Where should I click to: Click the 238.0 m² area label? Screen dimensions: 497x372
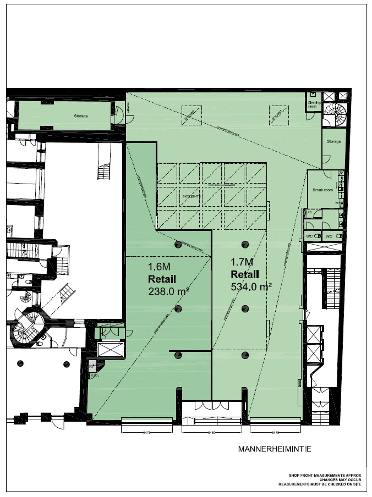169,292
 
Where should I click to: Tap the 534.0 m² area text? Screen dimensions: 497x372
252,286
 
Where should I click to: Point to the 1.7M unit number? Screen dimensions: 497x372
241,262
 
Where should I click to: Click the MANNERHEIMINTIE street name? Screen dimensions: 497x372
275,449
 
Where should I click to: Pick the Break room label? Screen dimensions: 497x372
324,190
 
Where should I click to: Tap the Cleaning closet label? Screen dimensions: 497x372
314,104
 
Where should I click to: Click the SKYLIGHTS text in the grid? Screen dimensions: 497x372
189,196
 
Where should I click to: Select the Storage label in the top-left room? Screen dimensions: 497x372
81,116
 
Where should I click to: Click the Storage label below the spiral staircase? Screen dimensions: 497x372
333,141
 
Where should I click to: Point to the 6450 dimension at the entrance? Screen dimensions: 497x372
212,433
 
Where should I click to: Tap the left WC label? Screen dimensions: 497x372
310,236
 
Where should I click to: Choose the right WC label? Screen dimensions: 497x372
330,236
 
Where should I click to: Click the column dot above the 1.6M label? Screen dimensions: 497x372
178,244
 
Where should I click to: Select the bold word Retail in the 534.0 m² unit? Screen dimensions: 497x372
245,274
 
